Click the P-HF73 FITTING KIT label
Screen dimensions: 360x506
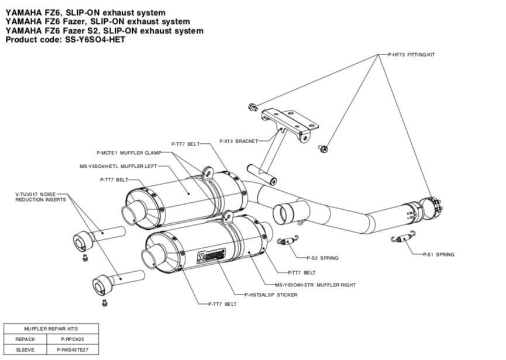(412, 54)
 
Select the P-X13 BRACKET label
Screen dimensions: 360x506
(239, 141)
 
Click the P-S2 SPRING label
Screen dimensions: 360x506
(322, 257)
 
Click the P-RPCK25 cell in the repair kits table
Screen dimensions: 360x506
(73, 339)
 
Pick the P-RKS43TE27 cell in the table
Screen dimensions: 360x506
(73, 349)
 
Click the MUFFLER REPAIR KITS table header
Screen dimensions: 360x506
(51, 328)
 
